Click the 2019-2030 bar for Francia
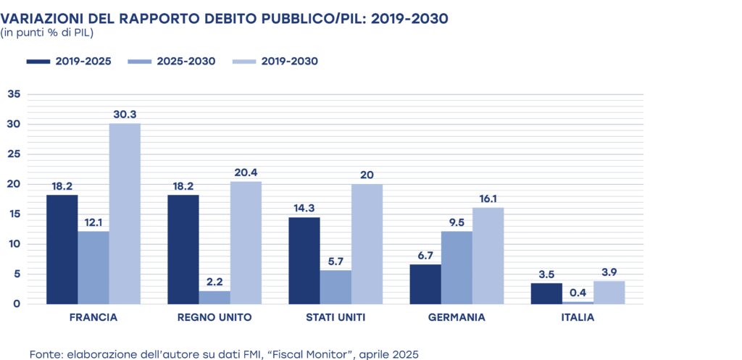click(x=125, y=213)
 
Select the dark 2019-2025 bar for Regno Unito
click(x=183, y=249)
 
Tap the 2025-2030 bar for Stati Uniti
click(x=335, y=287)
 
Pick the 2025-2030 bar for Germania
click(x=457, y=267)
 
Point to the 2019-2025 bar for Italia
click(x=547, y=293)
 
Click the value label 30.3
click(x=125, y=114)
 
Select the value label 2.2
click(x=215, y=281)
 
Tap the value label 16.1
click(x=488, y=198)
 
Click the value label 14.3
click(x=304, y=208)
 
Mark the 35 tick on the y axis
click(x=14, y=94)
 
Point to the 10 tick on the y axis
click(x=14, y=244)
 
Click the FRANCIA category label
click(x=93, y=317)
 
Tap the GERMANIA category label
click(x=457, y=317)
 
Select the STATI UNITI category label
click(x=335, y=317)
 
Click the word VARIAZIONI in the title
click(x=39, y=17)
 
